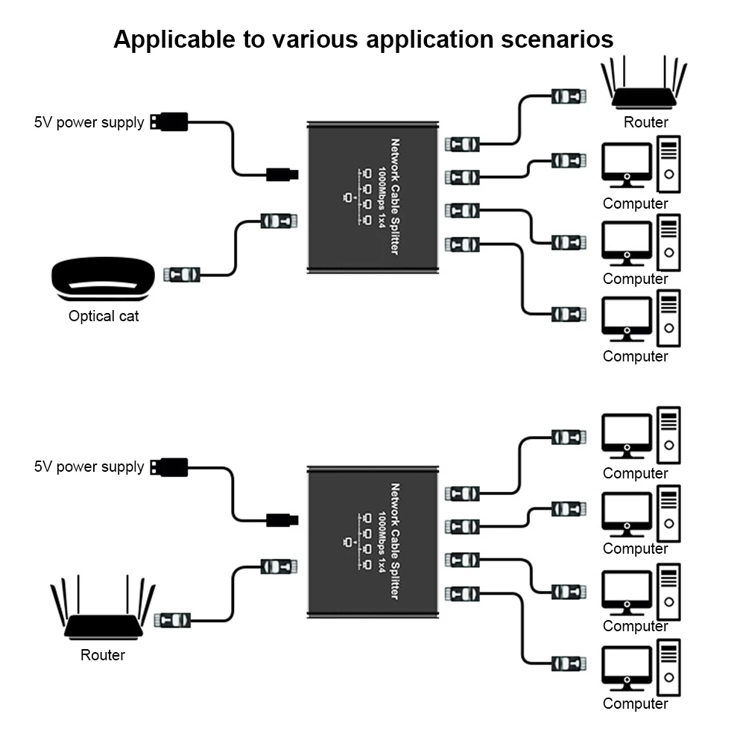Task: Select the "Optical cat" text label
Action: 104,316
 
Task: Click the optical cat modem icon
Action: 103,279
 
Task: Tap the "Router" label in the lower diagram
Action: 103,656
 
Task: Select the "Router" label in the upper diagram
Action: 646,122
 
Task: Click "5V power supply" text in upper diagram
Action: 89,122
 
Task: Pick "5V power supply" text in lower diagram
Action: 89,467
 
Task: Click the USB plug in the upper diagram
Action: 169,121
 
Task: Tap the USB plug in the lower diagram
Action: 169,467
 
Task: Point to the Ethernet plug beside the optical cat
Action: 183,274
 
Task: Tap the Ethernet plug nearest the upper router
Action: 569,96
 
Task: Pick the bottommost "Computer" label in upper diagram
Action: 636,356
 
